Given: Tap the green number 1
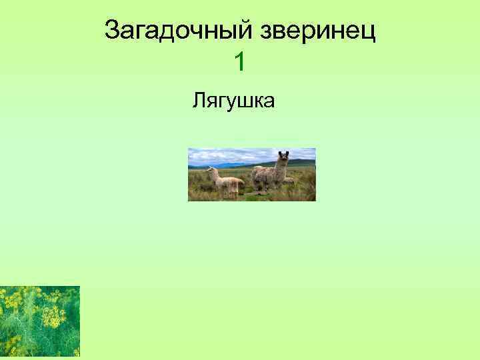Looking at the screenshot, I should (240, 63).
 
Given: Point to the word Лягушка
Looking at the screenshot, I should (234, 101).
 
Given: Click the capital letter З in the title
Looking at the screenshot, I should (112, 31).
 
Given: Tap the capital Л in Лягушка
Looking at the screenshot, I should (198, 101).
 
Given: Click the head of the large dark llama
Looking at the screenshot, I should (283, 158).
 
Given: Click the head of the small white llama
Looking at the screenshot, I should (211, 171).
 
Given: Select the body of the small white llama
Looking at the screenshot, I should (229, 182).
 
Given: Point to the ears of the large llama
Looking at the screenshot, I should (283, 153).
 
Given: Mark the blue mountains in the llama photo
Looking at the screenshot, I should (233, 164).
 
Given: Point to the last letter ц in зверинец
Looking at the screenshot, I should (369, 32).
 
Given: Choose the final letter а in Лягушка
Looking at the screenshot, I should (271, 101).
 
